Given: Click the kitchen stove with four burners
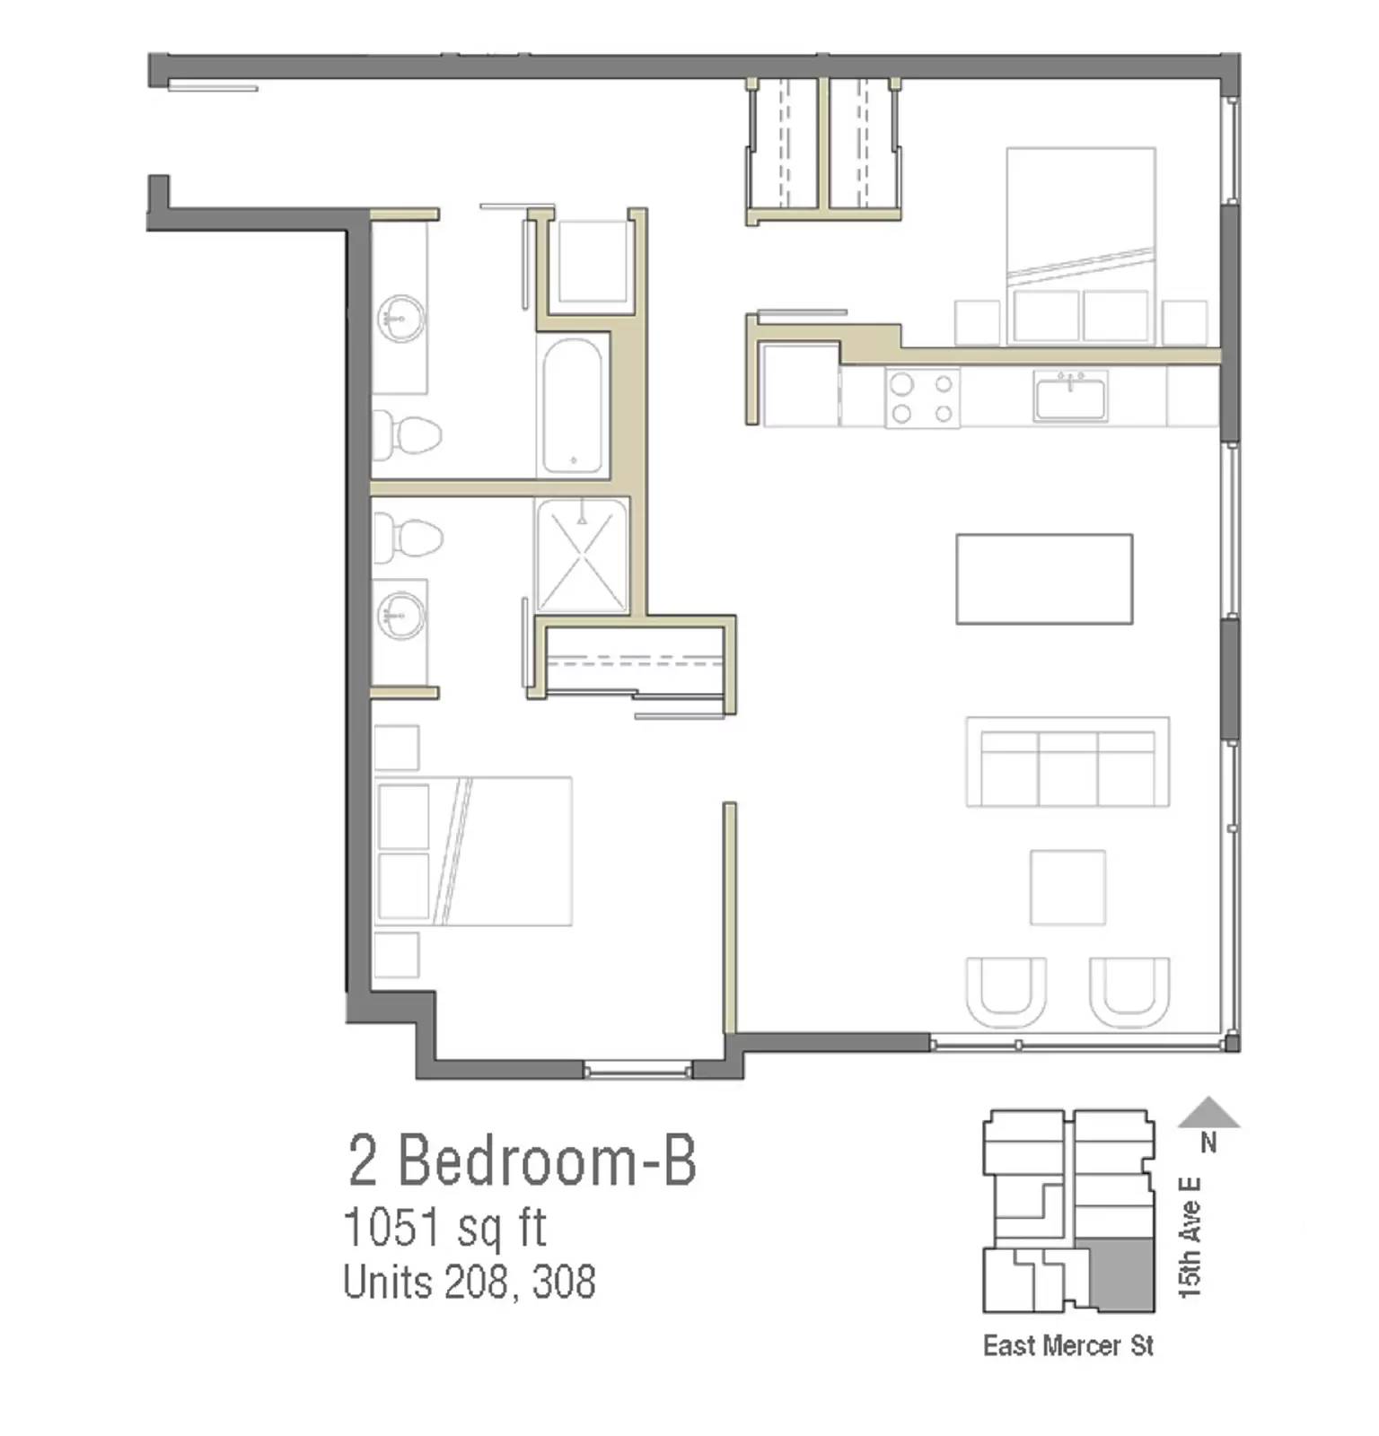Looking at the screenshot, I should [x=922, y=398].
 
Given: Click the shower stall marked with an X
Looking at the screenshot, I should [x=582, y=556].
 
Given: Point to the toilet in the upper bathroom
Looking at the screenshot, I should [x=409, y=434].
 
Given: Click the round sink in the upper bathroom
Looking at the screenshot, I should [x=400, y=319].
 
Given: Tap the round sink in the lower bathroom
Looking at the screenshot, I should [x=400, y=616].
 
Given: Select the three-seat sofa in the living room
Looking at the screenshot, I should [x=1067, y=763].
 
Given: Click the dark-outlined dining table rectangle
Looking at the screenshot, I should [x=1043, y=579].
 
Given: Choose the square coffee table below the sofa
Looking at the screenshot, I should [x=1067, y=888].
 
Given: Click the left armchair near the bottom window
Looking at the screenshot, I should [x=1006, y=992].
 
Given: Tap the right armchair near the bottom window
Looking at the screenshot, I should [x=1129, y=992].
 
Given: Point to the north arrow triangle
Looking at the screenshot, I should [x=1208, y=1114].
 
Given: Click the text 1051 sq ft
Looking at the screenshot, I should [x=444, y=1228].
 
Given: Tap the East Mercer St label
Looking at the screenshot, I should [x=1067, y=1346].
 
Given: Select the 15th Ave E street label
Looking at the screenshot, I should [x=1190, y=1239].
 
